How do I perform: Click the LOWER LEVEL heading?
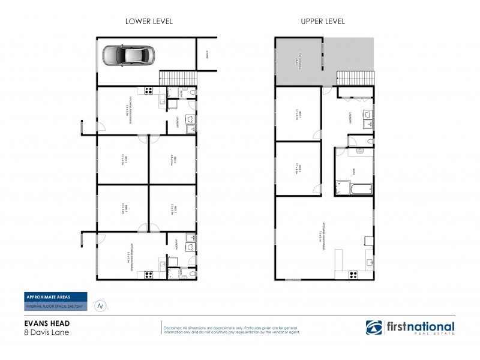click(148, 21)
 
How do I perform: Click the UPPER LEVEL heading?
click(322, 21)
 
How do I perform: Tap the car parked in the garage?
click(128, 55)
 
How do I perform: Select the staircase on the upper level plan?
click(355, 79)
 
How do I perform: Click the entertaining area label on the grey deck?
click(298, 61)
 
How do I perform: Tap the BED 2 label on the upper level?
click(298, 168)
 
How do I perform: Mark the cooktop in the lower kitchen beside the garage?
click(148, 91)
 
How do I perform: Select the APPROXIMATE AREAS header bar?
click(55, 296)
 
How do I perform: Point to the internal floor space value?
click(55, 306)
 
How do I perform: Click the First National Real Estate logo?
click(410, 328)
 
